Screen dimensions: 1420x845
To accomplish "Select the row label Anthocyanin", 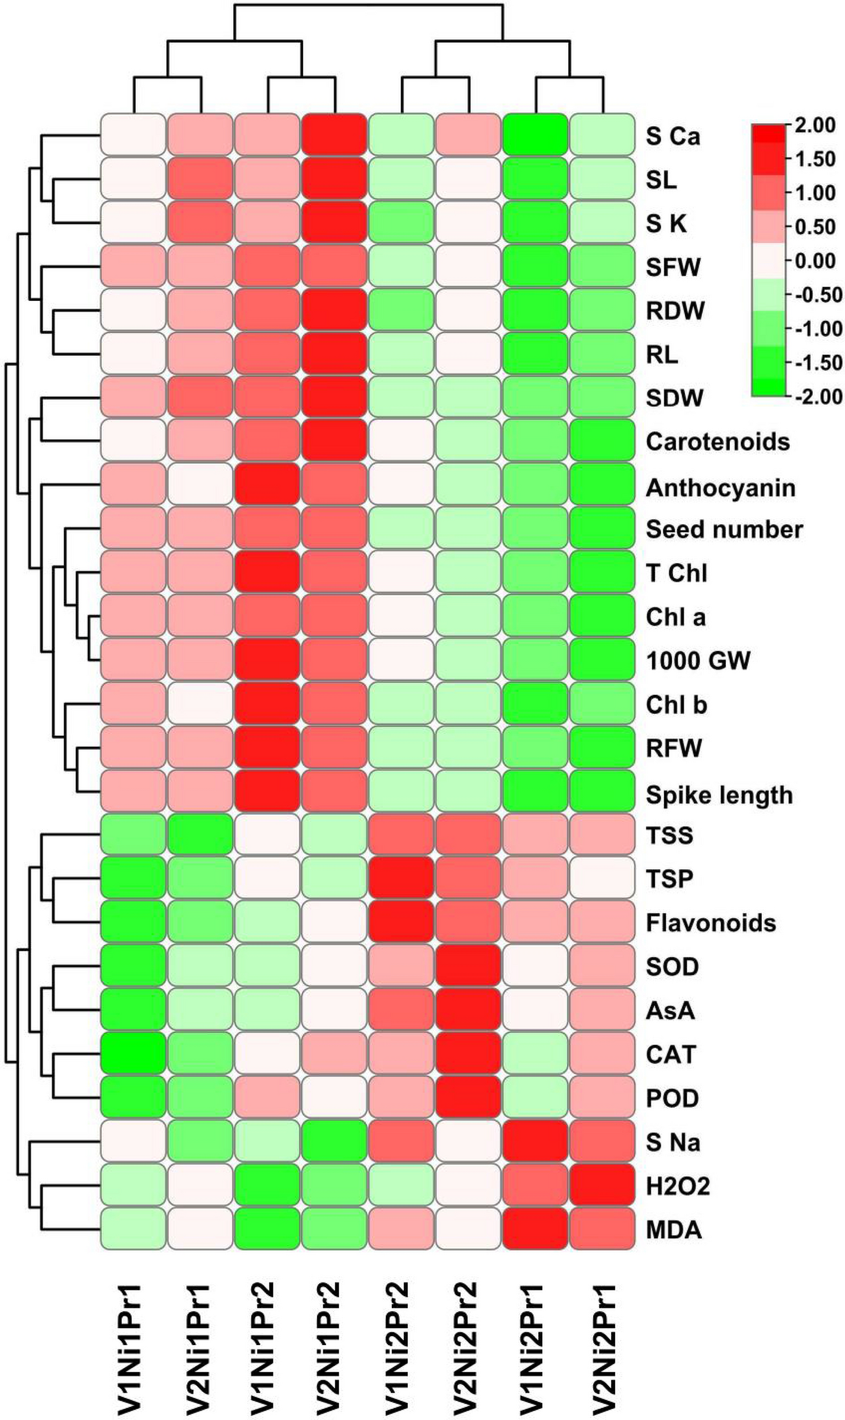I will (x=720, y=487).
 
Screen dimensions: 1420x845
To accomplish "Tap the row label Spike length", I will (x=719, y=795).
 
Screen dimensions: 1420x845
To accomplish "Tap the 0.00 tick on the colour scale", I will (x=818, y=261).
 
